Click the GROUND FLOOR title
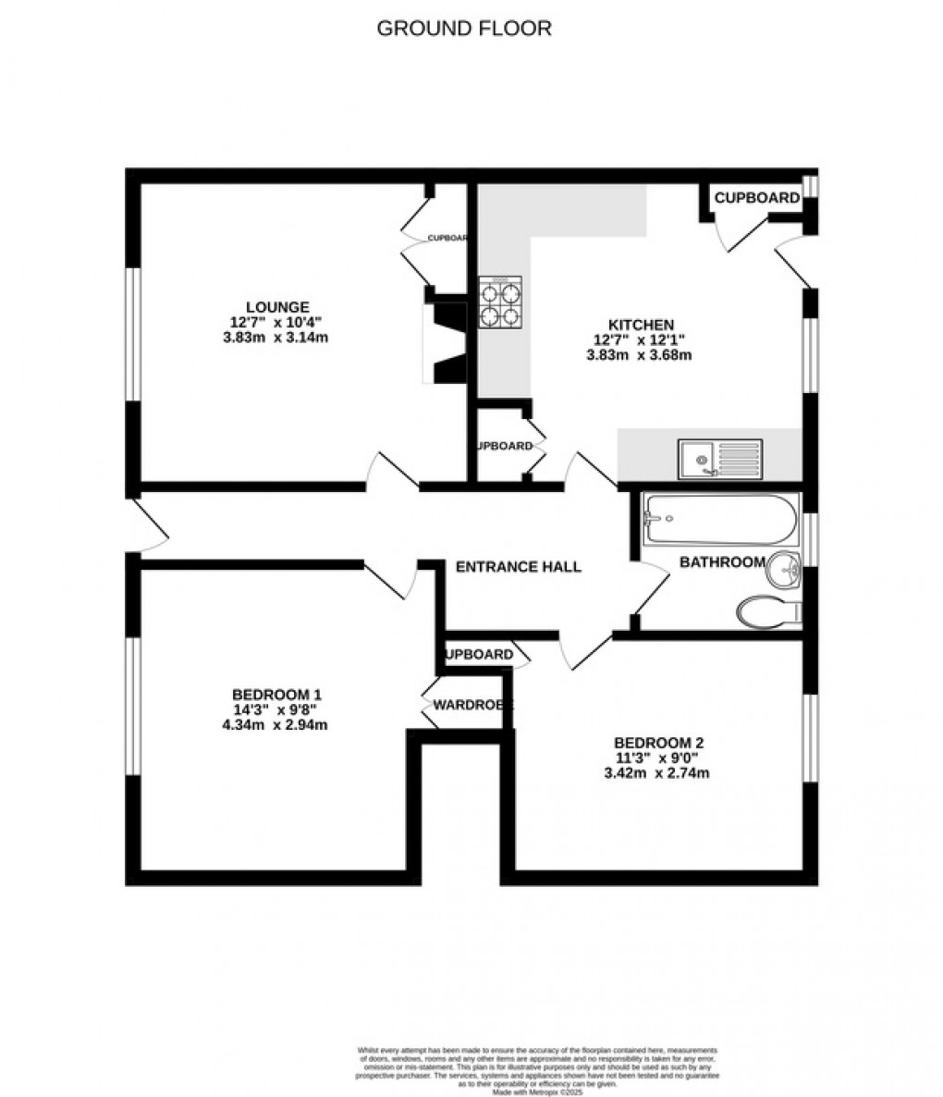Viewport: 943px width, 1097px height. pyautogui.click(x=464, y=29)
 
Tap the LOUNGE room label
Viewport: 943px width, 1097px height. pyautogui.click(x=276, y=307)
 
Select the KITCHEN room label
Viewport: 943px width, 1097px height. pyautogui.click(x=640, y=325)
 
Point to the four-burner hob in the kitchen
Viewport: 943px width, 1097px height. pyautogui.click(x=500, y=302)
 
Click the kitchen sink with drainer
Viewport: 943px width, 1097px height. pyautogui.click(x=721, y=458)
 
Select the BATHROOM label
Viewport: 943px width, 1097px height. pyautogui.click(x=722, y=562)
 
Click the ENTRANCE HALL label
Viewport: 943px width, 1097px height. pyautogui.click(x=519, y=567)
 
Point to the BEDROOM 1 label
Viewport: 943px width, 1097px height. pyautogui.click(x=276, y=695)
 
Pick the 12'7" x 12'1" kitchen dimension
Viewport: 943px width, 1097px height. pyautogui.click(x=640, y=339)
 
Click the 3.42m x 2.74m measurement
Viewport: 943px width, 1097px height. pyautogui.click(x=656, y=772)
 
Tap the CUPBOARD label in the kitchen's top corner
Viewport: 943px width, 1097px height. pyautogui.click(x=757, y=198)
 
